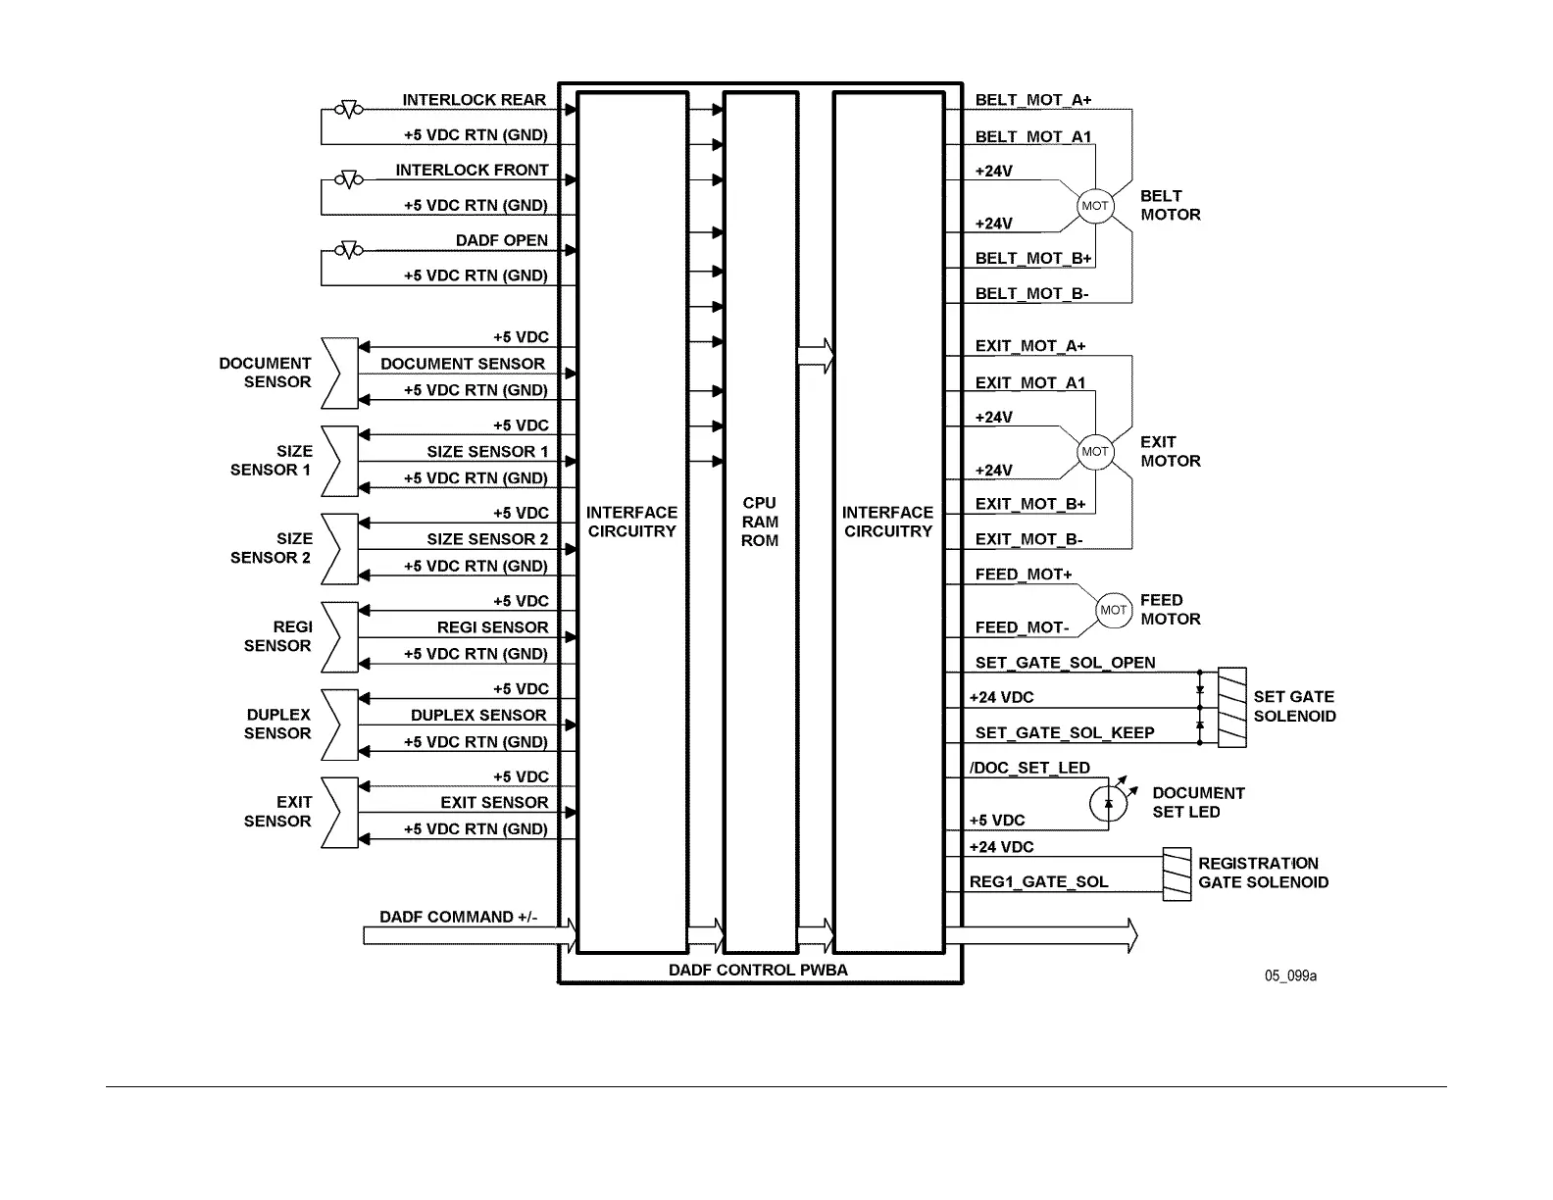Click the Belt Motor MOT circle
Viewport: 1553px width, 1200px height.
tap(1094, 206)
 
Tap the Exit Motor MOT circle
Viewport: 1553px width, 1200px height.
tap(1094, 452)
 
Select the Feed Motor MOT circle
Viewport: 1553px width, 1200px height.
tap(1113, 610)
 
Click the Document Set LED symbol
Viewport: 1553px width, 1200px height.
tap(1109, 803)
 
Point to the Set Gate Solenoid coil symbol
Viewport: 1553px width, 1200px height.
tap(1231, 707)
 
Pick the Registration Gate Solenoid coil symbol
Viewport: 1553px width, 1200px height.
tap(1177, 874)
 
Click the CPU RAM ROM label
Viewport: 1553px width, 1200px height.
tap(760, 522)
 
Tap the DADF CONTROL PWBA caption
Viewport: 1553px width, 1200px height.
tap(758, 970)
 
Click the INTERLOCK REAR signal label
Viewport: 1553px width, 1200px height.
tap(474, 100)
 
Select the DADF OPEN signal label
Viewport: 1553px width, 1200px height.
tap(501, 240)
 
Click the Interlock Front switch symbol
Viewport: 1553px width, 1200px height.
tap(348, 179)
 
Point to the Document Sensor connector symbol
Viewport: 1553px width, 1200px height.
tap(339, 373)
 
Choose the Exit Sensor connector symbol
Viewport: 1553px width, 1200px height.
tap(339, 813)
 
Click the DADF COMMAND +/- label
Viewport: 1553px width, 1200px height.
tap(458, 918)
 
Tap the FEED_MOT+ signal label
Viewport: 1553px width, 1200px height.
tap(1023, 575)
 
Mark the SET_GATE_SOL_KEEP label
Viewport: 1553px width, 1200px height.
tap(1064, 733)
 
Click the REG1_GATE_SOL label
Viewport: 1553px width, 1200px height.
tap(1038, 882)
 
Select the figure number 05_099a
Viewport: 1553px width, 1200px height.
tap(1290, 975)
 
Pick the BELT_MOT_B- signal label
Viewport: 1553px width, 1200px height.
tap(1031, 294)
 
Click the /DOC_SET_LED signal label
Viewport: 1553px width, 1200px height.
tap(1029, 769)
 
